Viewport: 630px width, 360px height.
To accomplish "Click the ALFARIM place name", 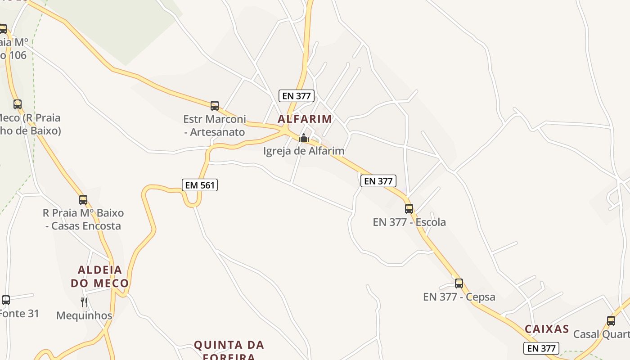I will click(x=305, y=119).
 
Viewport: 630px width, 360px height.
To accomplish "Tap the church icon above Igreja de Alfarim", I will click(x=304, y=138).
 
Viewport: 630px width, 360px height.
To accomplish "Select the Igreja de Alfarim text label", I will click(x=304, y=151).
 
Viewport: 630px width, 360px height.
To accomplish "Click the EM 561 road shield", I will click(x=200, y=185).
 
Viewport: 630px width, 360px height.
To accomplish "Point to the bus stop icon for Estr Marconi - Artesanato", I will click(x=215, y=106).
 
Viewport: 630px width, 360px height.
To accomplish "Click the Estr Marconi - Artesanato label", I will click(x=215, y=126).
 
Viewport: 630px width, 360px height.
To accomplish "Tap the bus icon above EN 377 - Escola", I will click(x=409, y=209).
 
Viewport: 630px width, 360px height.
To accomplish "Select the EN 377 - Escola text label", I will click(x=409, y=222).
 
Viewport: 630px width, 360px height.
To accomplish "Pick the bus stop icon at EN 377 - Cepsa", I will click(x=459, y=283).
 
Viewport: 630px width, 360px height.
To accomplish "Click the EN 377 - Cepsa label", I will click(x=459, y=297).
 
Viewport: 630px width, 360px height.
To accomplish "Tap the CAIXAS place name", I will click(x=547, y=329).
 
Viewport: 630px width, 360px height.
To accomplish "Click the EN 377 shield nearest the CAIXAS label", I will click(x=541, y=348).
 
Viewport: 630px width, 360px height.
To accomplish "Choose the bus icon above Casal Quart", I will click(x=611, y=321).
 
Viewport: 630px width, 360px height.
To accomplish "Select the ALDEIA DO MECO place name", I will click(x=100, y=276).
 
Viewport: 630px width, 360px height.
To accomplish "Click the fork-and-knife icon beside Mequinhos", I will click(x=84, y=302).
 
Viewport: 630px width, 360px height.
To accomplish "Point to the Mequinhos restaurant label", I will click(x=84, y=315).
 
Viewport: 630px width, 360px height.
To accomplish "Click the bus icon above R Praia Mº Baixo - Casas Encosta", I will click(x=83, y=200).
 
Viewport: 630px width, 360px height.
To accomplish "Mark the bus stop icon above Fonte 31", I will click(x=6, y=300).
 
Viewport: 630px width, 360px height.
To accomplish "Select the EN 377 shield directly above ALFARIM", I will click(x=296, y=96).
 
